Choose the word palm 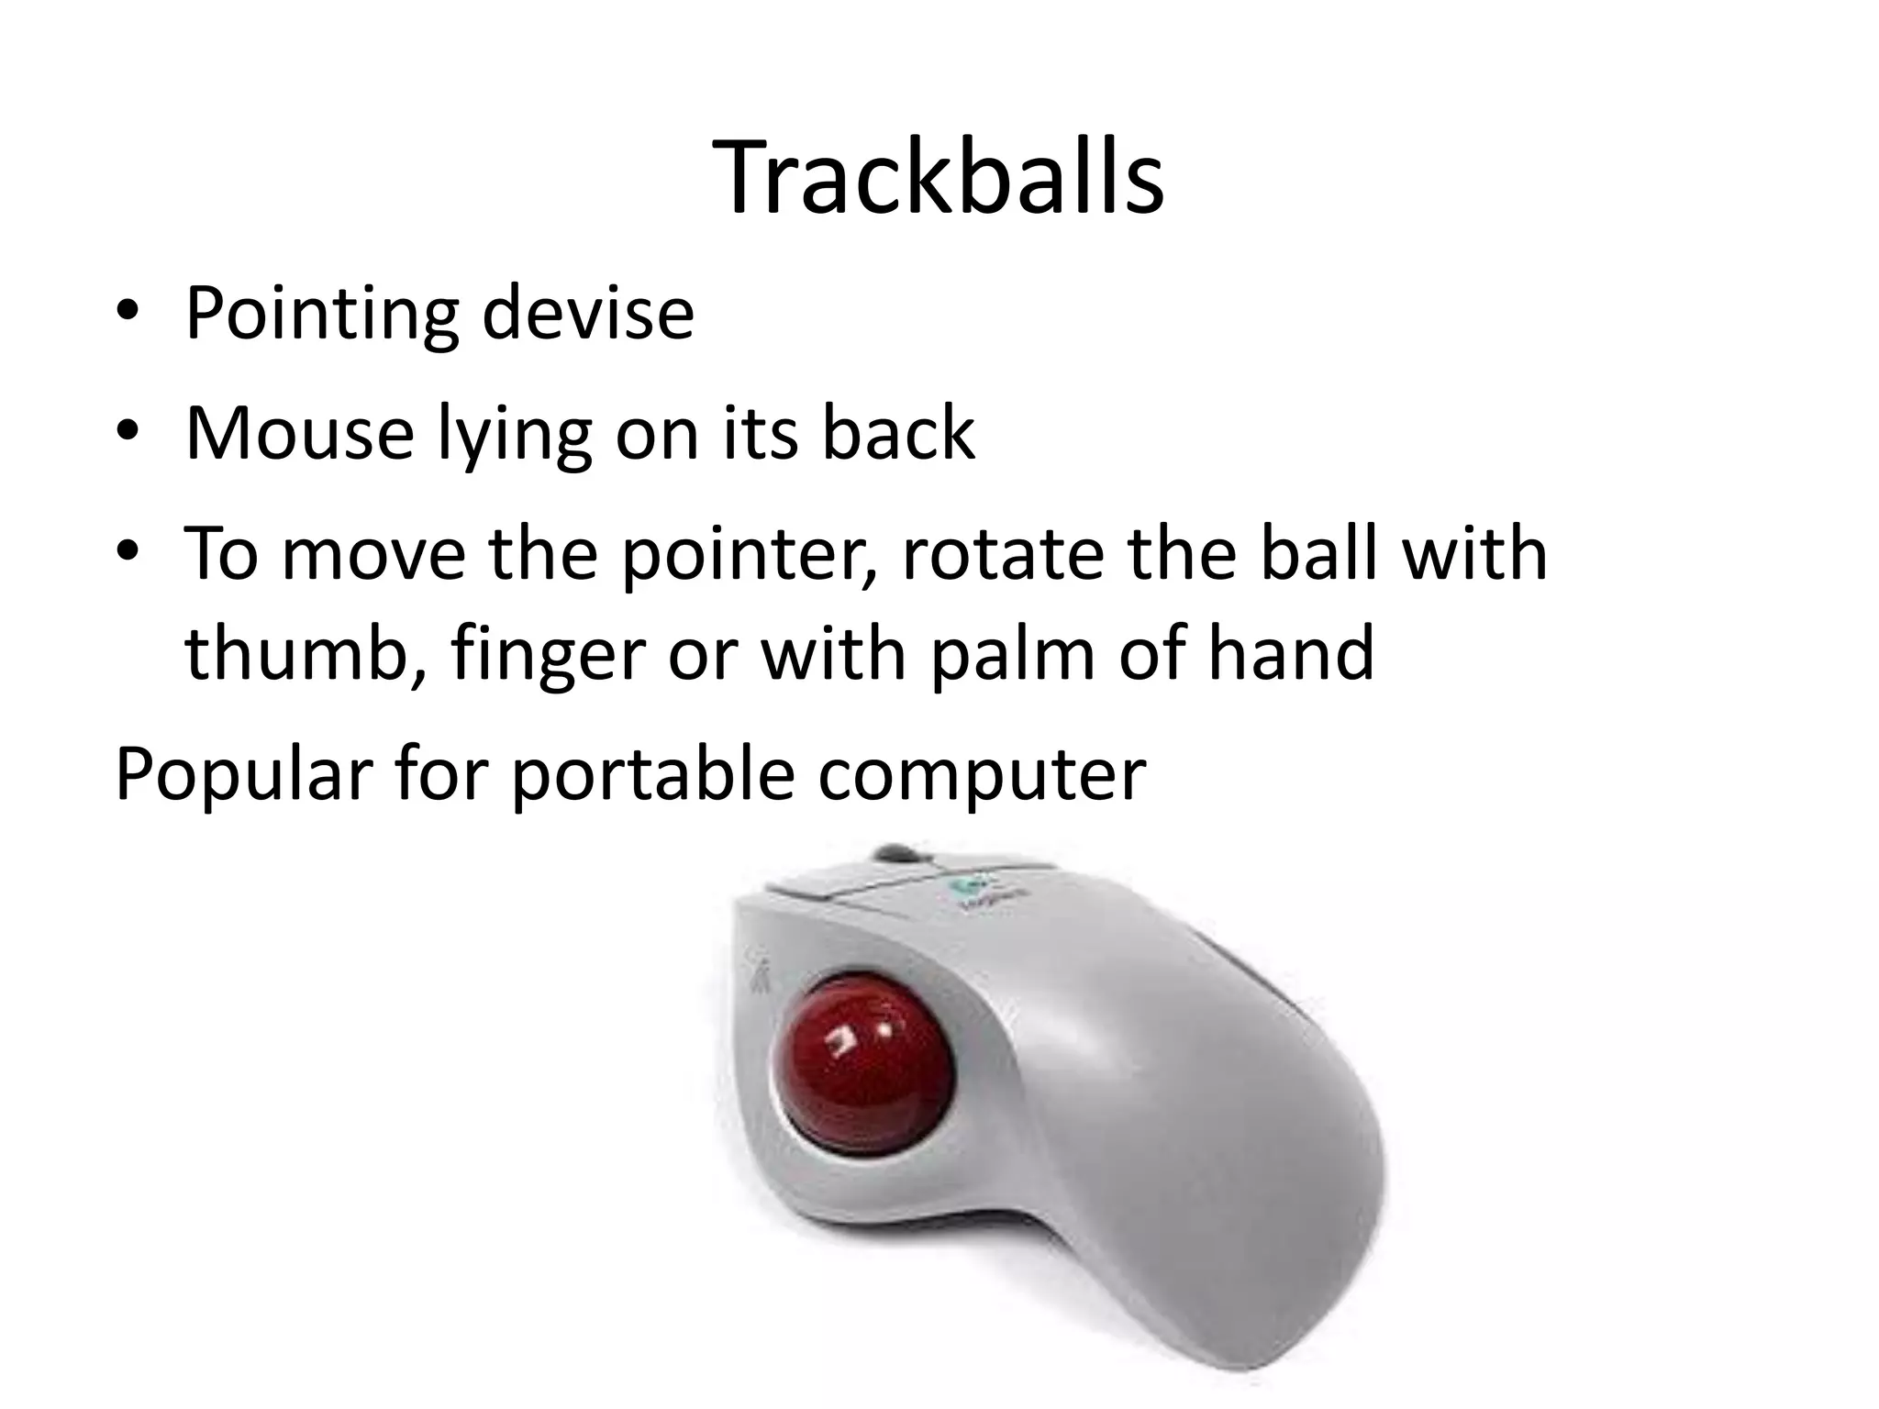(x=1012, y=652)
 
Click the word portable (x=652, y=772)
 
